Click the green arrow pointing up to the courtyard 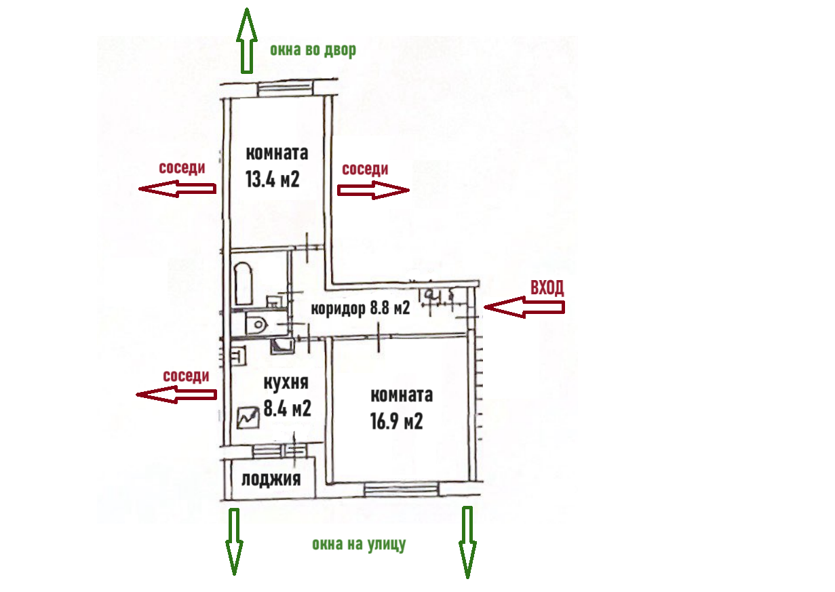[x=246, y=40]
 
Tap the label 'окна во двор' [x=313, y=50]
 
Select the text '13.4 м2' [x=273, y=180]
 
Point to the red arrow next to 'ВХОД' [x=524, y=309]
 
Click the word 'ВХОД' [x=547, y=288]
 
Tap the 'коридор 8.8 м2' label [x=361, y=309]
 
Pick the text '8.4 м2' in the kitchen [x=287, y=408]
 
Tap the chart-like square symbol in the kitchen [x=248, y=417]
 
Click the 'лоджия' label [x=271, y=480]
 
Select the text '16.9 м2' [x=397, y=422]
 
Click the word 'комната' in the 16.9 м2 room [x=402, y=395]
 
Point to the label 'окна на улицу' [x=359, y=544]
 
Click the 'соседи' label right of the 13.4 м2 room [x=365, y=169]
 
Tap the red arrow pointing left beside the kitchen [x=176, y=394]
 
